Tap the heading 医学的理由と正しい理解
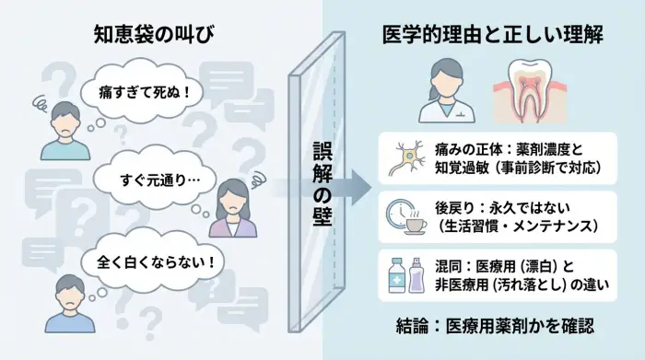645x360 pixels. point(492,35)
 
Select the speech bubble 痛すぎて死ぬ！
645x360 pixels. point(139,92)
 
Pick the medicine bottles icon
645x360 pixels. point(406,273)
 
